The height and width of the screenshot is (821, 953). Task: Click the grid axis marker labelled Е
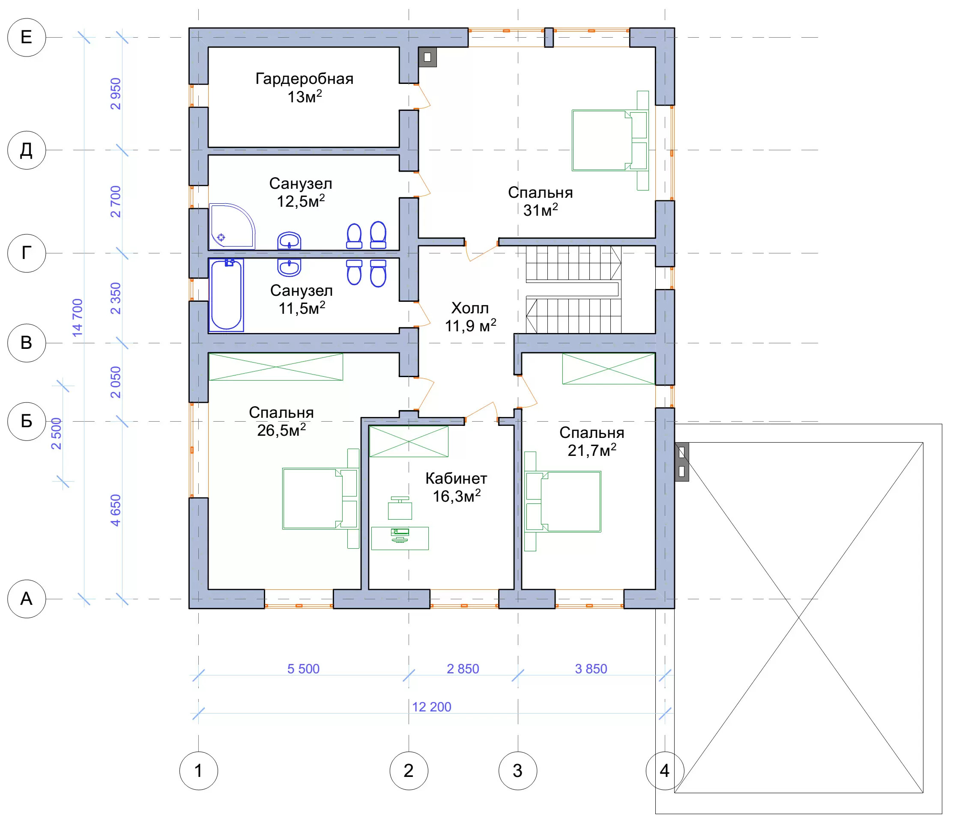(x=27, y=37)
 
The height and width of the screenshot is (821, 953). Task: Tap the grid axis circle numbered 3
(x=518, y=771)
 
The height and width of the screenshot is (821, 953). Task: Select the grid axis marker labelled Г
(x=27, y=253)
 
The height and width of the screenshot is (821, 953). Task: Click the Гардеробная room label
(x=305, y=79)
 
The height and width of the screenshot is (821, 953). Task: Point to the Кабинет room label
(x=456, y=479)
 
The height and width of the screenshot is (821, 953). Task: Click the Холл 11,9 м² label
(x=470, y=317)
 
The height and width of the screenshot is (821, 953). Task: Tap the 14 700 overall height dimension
(x=78, y=318)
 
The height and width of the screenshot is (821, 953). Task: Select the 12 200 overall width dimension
(x=431, y=707)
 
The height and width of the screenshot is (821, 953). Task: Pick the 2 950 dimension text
(x=116, y=94)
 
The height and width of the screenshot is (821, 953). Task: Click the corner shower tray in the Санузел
(x=232, y=226)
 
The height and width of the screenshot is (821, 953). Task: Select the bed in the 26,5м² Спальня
(x=320, y=499)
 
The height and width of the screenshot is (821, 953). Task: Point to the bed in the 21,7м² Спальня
(x=563, y=502)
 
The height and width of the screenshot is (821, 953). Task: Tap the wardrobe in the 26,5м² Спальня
(x=275, y=367)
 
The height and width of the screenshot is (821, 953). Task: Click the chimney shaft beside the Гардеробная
(x=427, y=57)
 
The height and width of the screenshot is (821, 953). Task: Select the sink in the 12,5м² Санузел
(x=289, y=241)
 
